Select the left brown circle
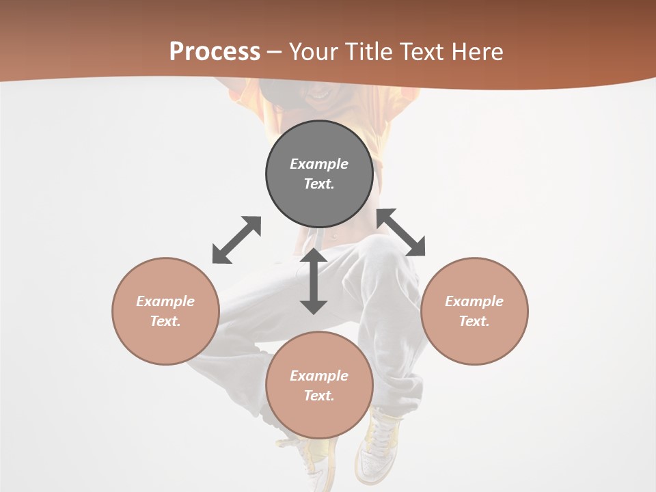(x=165, y=311)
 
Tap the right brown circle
(x=474, y=311)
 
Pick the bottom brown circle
(x=319, y=385)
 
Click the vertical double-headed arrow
(x=314, y=281)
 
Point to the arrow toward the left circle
(x=236, y=240)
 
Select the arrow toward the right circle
(x=401, y=232)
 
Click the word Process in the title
(x=215, y=51)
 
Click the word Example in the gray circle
(x=319, y=164)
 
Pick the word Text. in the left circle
(x=165, y=321)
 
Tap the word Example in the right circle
(x=474, y=301)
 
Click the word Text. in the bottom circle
(x=319, y=396)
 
